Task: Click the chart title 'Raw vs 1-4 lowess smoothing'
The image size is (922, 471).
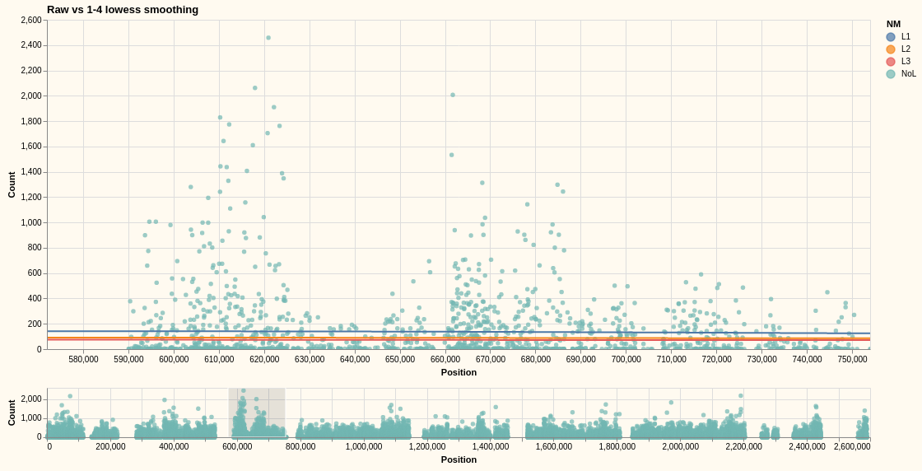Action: [123, 10]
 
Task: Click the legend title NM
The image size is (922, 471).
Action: [893, 24]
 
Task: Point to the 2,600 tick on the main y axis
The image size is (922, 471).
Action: [30, 21]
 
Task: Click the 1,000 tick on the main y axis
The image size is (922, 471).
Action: [30, 222]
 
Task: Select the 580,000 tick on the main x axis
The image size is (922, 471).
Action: [83, 359]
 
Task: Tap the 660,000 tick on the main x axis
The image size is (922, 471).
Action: [445, 359]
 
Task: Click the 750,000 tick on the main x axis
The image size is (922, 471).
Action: [852, 359]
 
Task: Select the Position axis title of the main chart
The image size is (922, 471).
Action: [459, 372]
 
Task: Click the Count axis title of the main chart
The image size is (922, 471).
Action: [12, 184]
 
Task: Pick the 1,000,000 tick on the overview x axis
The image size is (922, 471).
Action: [364, 447]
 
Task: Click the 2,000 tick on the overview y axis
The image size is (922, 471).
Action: [30, 399]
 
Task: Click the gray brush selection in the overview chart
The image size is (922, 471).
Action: [257, 413]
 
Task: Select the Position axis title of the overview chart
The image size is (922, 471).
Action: [459, 459]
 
